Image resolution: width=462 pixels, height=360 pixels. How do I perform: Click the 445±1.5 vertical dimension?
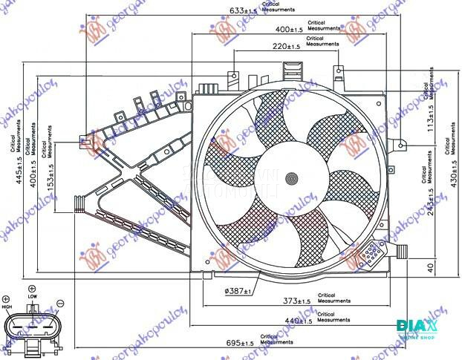point(22,177)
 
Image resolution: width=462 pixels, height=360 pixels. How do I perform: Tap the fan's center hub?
point(292,177)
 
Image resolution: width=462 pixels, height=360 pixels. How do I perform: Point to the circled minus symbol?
point(60,304)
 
